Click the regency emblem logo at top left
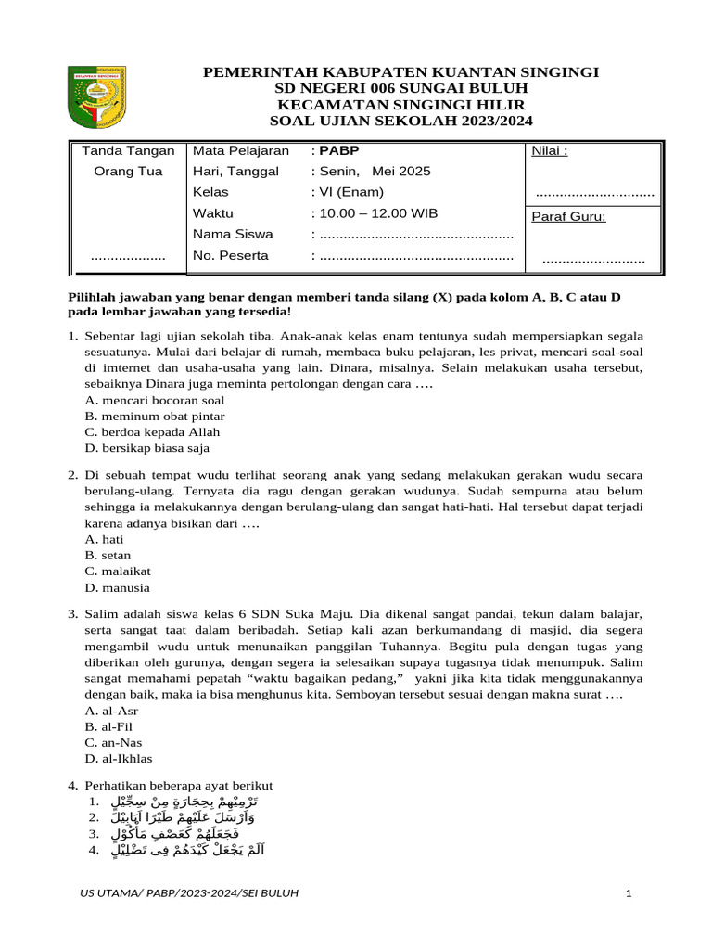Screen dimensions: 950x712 [102, 97]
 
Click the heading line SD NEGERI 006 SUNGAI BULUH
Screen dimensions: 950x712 [400, 88]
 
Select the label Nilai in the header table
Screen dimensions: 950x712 [549, 151]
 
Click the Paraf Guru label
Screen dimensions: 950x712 [568, 217]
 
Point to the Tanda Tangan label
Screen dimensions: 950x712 [128, 150]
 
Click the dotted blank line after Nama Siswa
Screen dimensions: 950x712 [415, 235]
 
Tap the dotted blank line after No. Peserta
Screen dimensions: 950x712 [415, 256]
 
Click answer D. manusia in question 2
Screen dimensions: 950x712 [117, 587]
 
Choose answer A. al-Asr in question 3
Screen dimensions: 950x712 [112, 711]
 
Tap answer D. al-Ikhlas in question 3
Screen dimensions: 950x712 [119, 758]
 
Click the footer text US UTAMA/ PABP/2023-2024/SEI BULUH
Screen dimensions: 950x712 [189, 893]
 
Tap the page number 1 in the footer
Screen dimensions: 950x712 [628, 893]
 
